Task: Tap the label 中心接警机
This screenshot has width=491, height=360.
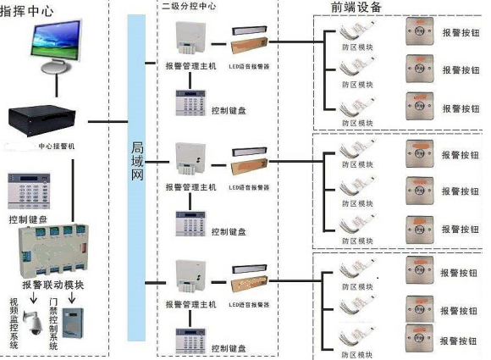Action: tap(58, 146)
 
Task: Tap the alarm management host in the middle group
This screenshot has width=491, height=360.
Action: tap(190, 158)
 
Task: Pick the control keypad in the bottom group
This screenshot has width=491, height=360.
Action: tap(191, 338)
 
